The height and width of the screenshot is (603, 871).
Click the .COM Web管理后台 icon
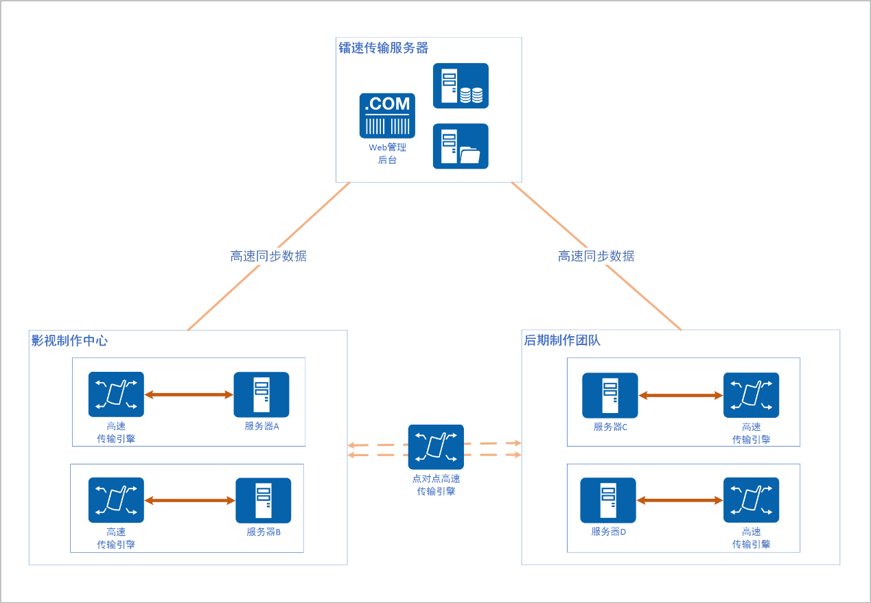click(x=387, y=116)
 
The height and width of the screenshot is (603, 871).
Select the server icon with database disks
click(x=461, y=86)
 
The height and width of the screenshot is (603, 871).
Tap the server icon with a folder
click(x=461, y=146)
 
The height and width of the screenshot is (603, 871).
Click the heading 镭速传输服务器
click(x=384, y=48)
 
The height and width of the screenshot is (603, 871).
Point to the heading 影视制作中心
click(x=69, y=340)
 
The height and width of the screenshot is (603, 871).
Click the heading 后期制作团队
click(x=562, y=340)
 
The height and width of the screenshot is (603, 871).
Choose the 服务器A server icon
click(x=262, y=394)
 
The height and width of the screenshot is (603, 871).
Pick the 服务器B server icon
click(x=263, y=501)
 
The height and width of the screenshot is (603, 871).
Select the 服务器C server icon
click(x=609, y=395)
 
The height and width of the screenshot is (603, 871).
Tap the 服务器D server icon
click(x=608, y=501)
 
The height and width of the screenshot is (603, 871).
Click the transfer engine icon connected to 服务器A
click(x=116, y=394)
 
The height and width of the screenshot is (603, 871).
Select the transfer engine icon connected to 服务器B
click(x=116, y=500)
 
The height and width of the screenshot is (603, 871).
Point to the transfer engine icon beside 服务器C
click(x=751, y=395)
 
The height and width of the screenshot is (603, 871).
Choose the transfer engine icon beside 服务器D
click(x=751, y=500)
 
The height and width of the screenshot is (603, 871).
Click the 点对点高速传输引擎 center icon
click(x=436, y=447)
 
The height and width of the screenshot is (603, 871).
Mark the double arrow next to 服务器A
click(x=189, y=394)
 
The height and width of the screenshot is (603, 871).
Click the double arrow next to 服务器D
click(x=680, y=501)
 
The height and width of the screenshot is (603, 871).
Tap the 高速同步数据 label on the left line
click(x=268, y=257)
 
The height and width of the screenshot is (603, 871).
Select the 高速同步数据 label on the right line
click(x=596, y=257)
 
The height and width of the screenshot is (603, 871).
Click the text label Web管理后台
click(x=387, y=154)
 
